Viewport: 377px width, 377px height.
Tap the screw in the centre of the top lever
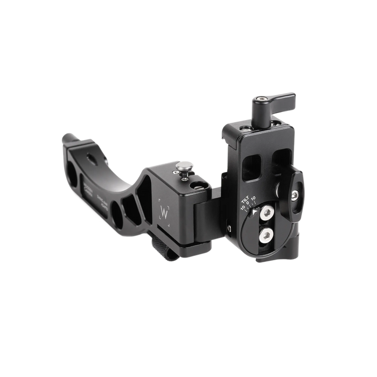click(x=261, y=100)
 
